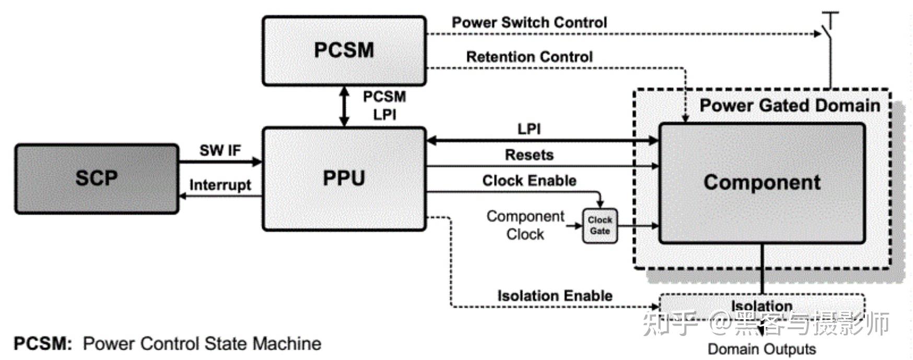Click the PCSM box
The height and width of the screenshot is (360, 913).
[x=344, y=51]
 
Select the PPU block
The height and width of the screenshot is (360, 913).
[x=344, y=178]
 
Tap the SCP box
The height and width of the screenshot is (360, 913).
[x=97, y=179]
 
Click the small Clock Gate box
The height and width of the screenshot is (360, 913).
[x=600, y=226]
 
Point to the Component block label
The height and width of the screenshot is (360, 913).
[x=762, y=182]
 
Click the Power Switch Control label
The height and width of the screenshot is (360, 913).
[x=529, y=22]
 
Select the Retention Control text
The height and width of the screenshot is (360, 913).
[x=529, y=56]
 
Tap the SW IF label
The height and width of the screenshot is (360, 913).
[x=220, y=150]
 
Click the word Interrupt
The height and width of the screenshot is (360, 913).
[x=220, y=185]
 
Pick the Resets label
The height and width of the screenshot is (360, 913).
[x=529, y=155]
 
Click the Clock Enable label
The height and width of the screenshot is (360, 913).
[x=529, y=181]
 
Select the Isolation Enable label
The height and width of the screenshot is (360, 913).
[x=555, y=296]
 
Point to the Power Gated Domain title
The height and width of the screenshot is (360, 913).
[x=790, y=106]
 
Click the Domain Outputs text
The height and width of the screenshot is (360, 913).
[x=762, y=349]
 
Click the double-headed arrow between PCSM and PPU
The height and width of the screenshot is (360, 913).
[x=344, y=107]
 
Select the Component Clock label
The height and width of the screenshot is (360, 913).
[x=525, y=225]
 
